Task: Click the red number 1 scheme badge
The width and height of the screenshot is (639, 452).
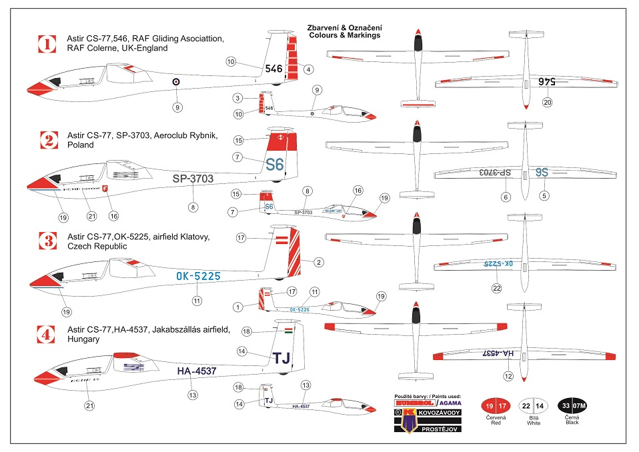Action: point(46,44)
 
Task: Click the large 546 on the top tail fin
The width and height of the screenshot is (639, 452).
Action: point(274,68)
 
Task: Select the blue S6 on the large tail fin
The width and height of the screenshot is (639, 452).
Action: point(275,164)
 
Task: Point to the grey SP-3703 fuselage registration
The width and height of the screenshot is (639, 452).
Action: point(193,179)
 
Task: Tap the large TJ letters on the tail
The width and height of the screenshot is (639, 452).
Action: point(283,358)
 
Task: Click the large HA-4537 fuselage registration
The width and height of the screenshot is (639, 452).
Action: point(197,371)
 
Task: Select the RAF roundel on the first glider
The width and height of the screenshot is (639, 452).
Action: point(176,82)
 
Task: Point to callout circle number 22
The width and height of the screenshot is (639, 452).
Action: point(496,288)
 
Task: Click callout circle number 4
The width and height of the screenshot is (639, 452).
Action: point(309,69)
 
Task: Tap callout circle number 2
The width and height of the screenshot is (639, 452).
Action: point(319,262)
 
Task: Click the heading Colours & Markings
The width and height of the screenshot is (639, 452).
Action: point(344,35)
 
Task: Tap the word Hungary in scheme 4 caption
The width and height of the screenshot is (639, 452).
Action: point(83,339)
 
